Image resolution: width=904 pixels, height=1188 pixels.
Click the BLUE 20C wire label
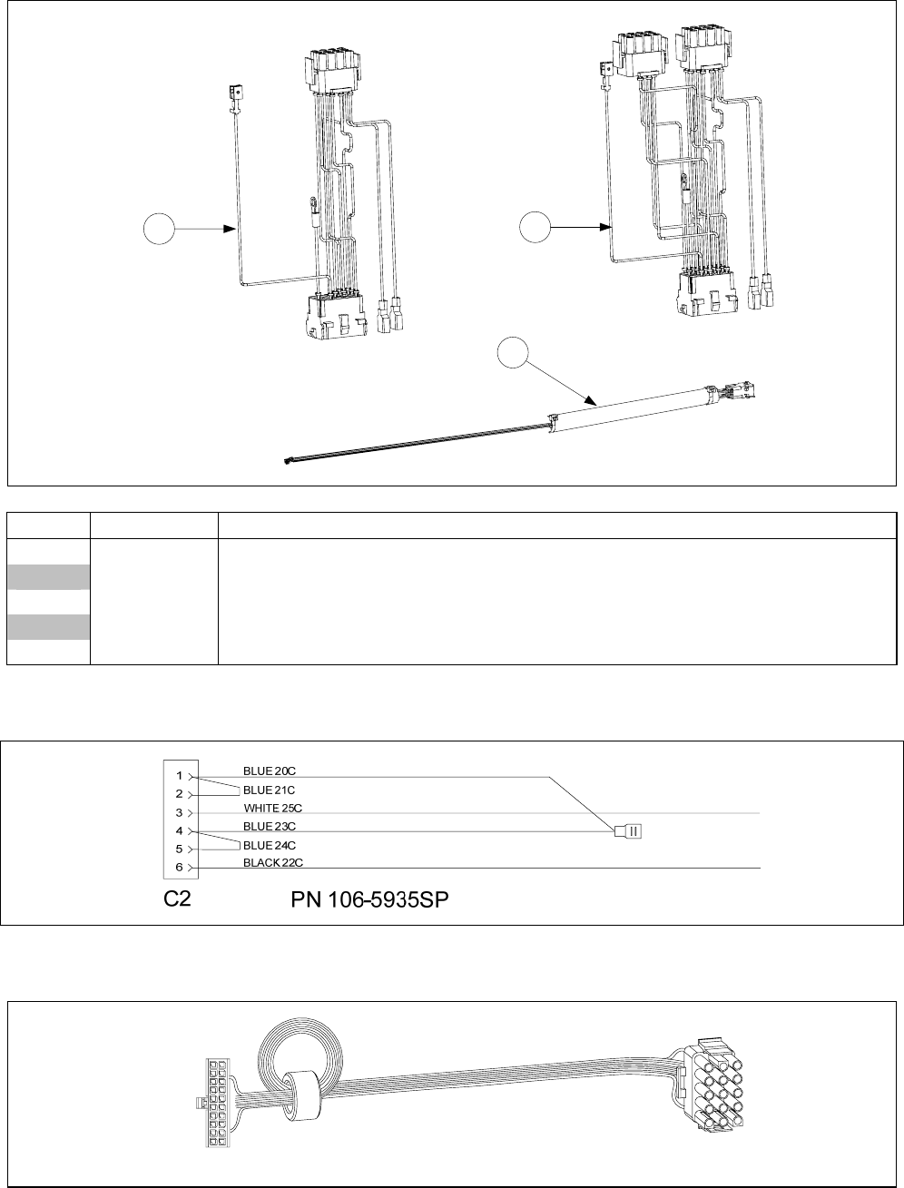tap(269, 771)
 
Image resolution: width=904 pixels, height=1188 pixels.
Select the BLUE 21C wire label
tap(269, 790)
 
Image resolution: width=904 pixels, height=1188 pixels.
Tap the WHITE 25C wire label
tap(273, 808)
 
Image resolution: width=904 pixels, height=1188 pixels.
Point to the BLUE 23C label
tap(269, 827)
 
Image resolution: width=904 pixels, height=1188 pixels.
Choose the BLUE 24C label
tap(269, 846)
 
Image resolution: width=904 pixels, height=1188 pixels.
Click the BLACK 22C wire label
tap(273, 863)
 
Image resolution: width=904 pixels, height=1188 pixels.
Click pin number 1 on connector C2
tap(180, 776)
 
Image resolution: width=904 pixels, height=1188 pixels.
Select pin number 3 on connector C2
tap(180, 813)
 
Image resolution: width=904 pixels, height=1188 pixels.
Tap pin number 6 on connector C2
tap(180, 867)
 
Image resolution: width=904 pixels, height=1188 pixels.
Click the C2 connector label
tap(177, 899)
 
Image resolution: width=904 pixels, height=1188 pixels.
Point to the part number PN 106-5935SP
tap(369, 900)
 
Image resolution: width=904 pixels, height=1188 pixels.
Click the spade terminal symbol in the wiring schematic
tap(628, 830)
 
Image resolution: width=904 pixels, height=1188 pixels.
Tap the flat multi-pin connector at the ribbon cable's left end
tap(216, 1103)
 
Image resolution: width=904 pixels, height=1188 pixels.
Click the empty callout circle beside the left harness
tap(159, 229)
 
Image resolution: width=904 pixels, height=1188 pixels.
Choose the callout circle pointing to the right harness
tap(535, 227)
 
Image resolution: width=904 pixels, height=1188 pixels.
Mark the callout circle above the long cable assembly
tap(513, 353)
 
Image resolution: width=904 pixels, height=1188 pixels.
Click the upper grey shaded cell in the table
tap(49, 577)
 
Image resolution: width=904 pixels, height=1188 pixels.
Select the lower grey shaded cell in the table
tap(49, 627)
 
